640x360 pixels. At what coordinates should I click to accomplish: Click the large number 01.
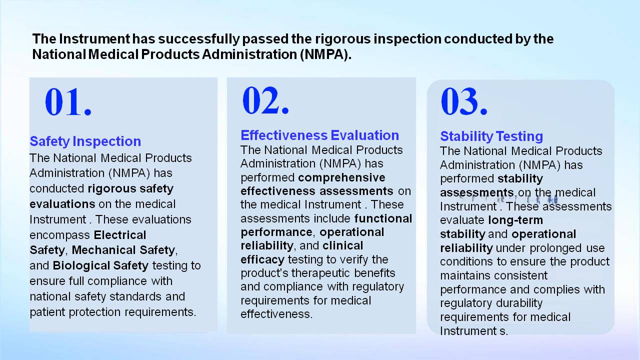[68, 101]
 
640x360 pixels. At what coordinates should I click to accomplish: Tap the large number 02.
[265, 100]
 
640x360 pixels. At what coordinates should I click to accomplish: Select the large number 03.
[464, 101]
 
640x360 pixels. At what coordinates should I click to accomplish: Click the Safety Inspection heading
[85, 141]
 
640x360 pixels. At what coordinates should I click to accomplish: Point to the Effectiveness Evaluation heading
[319, 135]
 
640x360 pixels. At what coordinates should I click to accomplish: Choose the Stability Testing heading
[491, 136]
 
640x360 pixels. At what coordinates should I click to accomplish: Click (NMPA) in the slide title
[325, 54]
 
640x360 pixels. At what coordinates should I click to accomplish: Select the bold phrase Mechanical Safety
[123, 250]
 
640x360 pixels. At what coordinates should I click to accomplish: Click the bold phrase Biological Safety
[100, 265]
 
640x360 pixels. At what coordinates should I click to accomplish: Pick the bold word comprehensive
[341, 178]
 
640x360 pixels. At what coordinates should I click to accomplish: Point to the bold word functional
[383, 218]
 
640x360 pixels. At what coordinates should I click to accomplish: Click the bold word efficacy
[262, 260]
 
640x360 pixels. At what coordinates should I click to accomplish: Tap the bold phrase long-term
[515, 220]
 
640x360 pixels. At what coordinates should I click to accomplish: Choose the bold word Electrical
[120, 235]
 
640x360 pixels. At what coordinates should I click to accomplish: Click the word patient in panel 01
[47, 312]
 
